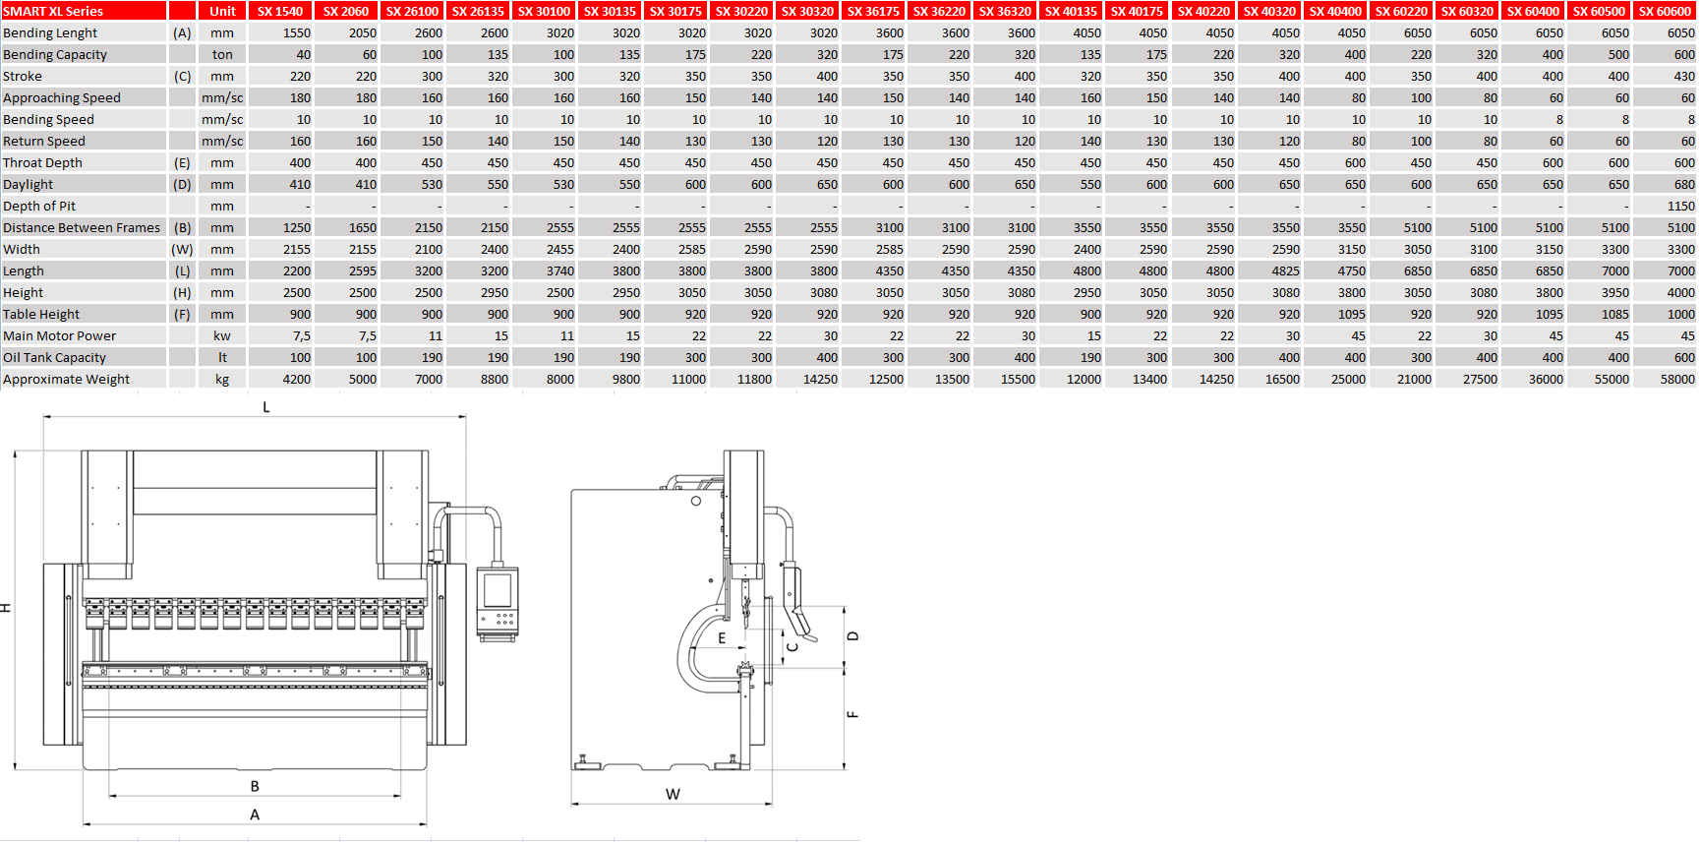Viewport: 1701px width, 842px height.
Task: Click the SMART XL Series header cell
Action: point(84,11)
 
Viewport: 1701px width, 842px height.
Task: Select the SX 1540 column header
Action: point(280,11)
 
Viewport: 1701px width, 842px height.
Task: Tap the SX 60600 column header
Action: point(1665,11)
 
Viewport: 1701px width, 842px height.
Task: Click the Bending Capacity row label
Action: point(55,54)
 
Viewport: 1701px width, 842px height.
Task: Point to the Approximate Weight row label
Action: point(66,379)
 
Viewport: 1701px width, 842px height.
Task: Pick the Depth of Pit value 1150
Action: point(1680,206)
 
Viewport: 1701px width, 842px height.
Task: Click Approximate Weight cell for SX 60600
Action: point(1677,379)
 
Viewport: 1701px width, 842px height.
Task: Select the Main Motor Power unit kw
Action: point(222,335)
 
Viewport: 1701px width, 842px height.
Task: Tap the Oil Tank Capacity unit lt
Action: point(222,357)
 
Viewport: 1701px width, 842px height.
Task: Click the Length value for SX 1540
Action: point(296,271)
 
